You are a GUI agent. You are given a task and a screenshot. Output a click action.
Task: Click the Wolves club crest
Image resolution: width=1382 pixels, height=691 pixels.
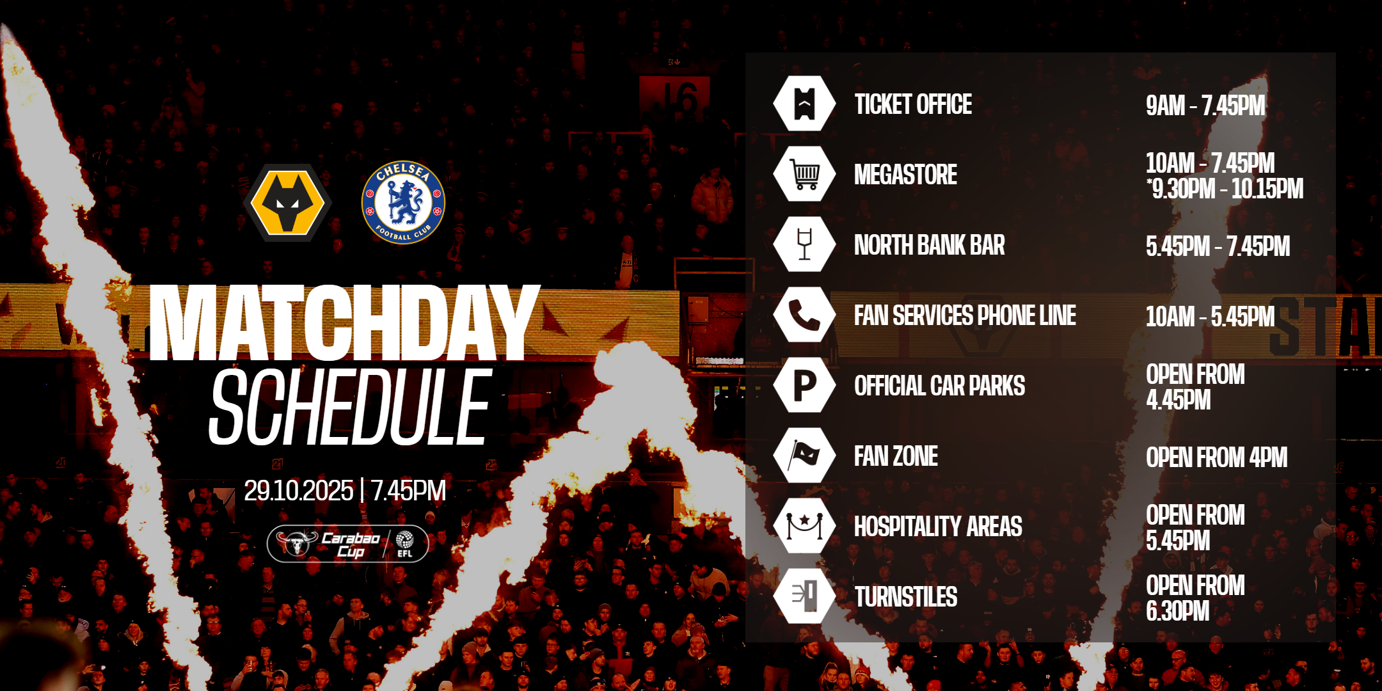(287, 203)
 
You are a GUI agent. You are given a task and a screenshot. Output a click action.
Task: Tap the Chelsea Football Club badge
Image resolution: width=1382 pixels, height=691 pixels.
(403, 202)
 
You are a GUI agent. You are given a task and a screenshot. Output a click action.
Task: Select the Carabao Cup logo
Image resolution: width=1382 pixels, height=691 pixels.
(347, 544)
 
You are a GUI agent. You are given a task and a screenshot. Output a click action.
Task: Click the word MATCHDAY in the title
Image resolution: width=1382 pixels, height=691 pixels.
(344, 322)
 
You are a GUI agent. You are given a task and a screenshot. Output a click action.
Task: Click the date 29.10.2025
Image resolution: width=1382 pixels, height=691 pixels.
(298, 491)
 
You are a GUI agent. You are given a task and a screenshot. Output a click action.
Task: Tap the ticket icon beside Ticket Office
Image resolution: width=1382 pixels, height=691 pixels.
(804, 104)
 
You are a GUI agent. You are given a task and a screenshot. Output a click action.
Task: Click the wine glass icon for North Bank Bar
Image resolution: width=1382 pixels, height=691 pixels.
(804, 244)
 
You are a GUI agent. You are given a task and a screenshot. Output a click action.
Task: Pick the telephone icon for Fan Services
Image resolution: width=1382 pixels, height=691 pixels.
(804, 315)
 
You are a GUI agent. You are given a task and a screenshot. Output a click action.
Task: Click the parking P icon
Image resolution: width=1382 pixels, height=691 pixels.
(804, 385)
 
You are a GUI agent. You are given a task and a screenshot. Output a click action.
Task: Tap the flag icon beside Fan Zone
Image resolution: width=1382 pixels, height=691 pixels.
(804, 456)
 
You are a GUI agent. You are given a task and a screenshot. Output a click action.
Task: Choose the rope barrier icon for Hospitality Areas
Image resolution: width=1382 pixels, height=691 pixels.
(804, 526)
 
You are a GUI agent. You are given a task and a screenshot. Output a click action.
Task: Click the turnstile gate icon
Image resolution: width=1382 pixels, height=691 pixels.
(804, 596)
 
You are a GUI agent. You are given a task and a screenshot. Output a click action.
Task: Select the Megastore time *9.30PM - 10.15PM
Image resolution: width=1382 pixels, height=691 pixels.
(1225, 189)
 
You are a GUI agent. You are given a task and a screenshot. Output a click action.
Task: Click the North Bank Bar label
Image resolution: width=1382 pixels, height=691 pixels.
(930, 245)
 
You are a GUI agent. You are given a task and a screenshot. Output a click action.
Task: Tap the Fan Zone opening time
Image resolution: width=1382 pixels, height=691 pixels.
(1216, 457)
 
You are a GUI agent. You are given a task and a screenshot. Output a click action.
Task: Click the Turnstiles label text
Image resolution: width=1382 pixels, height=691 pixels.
(906, 597)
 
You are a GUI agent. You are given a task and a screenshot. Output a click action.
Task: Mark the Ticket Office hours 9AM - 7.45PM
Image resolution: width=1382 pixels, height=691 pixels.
(1205, 106)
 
